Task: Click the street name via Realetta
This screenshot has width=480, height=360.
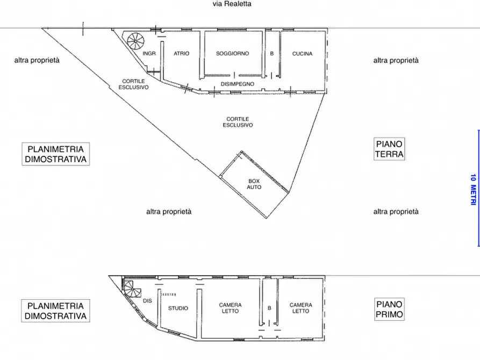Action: pyautogui.click(x=232, y=4)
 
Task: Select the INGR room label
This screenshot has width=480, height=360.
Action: pyautogui.click(x=149, y=54)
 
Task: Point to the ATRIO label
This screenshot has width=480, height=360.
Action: pyautogui.click(x=182, y=54)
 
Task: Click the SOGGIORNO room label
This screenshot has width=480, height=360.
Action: pyautogui.click(x=232, y=54)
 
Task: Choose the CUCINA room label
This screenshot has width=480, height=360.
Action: pyautogui.click(x=302, y=54)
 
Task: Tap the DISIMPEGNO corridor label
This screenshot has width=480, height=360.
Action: pyautogui.click(x=237, y=85)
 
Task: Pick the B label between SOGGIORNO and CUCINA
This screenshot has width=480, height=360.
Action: pyautogui.click(x=272, y=54)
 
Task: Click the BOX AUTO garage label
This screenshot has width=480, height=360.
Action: pyautogui.click(x=254, y=184)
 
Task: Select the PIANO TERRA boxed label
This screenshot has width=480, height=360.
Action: pyautogui.click(x=389, y=149)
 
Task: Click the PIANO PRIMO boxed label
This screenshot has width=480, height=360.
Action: pyautogui.click(x=389, y=310)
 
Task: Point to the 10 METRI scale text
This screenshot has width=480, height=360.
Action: pyautogui.click(x=472, y=188)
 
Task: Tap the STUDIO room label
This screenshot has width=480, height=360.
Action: pyautogui.click(x=178, y=308)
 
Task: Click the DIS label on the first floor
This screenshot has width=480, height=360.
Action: pyautogui.click(x=148, y=301)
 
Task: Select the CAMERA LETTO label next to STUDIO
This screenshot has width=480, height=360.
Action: pyautogui.click(x=230, y=308)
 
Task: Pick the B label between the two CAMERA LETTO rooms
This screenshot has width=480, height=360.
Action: pyautogui.click(x=269, y=308)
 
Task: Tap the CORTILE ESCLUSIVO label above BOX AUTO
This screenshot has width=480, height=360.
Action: pyautogui.click(x=238, y=122)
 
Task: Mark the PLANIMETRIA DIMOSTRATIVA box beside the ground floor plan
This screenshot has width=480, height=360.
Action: pyautogui.click(x=56, y=154)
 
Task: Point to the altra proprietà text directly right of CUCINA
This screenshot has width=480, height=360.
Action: pyautogui.click(x=396, y=61)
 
